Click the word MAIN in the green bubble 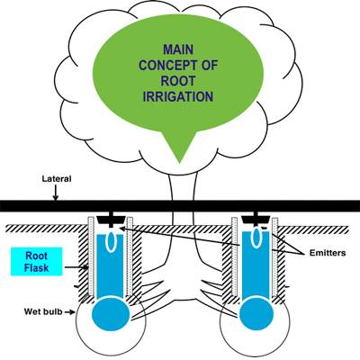(178, 49)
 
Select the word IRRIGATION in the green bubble (178, 96)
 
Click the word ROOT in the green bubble (178, 81)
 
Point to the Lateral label (57, 179)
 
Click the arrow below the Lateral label (56, 193)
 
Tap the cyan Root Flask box (36, 262)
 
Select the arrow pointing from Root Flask (76, 266)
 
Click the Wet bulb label (43, 311)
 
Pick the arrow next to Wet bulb (70, 312)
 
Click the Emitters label (328, 253)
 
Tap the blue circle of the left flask (111, 314)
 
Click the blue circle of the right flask (256, 314)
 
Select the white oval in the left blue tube (112, 241)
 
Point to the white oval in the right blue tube (256, 237)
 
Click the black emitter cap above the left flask (112, 220)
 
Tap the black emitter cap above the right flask (256, 219)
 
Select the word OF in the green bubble (210, 65)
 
